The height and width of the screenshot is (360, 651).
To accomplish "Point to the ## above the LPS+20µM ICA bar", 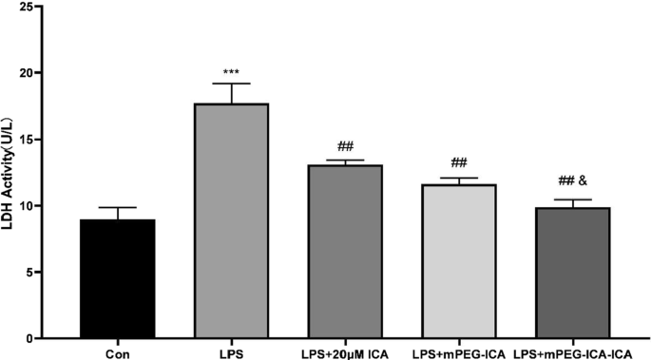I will tap(345, 146).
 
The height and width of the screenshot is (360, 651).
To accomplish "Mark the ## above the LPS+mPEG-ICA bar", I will tap(458, 162).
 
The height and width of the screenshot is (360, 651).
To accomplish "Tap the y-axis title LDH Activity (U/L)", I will tap(12, 180).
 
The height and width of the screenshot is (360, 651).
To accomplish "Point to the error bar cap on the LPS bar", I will tap(231, 84).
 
